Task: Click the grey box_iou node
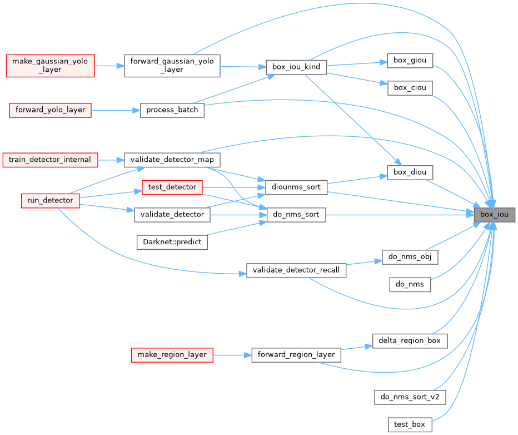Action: (x=494, y=215)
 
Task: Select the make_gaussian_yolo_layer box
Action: (x=50, y=66)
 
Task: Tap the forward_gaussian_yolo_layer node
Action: (x=172, y=66)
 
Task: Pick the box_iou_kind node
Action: (x=296, y=67)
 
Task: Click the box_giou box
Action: (x=410, y=60)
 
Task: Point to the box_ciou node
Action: (x=410, y=87)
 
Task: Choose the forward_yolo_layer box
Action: (x=50, y=110)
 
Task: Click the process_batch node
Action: (x=172, y=110)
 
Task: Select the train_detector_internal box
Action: (x=50, y=160)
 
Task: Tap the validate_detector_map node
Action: (x=172, y=160)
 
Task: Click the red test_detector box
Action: (x=172, y=187)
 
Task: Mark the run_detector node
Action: (x=50, y=200)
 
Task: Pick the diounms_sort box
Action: (x=297, y=187)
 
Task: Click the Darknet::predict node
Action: (x=172, y=242)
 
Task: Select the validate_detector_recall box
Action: (x=297, y=270)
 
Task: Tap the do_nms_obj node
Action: (x=410, y=257)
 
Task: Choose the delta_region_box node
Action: (x=410, y=340)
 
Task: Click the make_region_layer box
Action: (x=172, y=354)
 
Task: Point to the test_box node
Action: (x=410, y=424)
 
